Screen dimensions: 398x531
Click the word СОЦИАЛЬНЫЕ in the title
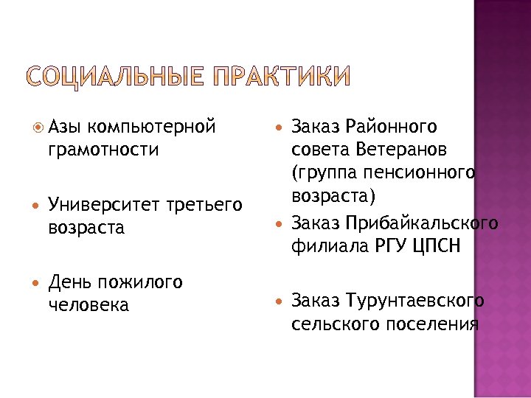tap(114, 77)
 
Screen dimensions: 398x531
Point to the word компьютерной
tap(156, 127)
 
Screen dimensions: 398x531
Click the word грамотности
tap(102, 150)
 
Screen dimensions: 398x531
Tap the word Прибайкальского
tap(423, 223)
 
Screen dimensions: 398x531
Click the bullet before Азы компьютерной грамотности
tap(37, 128)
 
